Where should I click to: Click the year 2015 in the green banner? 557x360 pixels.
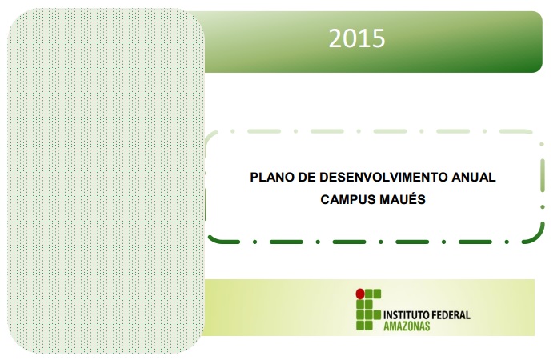click(357, 38)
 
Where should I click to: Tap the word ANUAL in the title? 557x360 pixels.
click(473, 177)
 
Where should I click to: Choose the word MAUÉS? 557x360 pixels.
click(403, 199)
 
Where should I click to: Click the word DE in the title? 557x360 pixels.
click(307, 177)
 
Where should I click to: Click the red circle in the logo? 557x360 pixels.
click(360, 294)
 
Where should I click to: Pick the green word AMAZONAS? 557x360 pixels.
click(407, 326)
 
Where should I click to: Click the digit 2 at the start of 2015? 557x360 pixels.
click(335, 38)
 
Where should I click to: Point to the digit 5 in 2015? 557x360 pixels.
click(379, 38)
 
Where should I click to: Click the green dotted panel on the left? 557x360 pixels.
click(106, 181)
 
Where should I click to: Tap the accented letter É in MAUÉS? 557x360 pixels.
click(413, 198)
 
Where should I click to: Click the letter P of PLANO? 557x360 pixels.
click(254, 177)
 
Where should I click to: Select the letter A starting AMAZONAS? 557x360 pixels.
click(387, 326)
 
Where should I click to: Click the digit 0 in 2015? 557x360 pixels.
click(350, 38)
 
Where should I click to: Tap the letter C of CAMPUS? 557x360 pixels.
click(325, 199)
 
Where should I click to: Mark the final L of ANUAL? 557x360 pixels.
click(491, 177)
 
